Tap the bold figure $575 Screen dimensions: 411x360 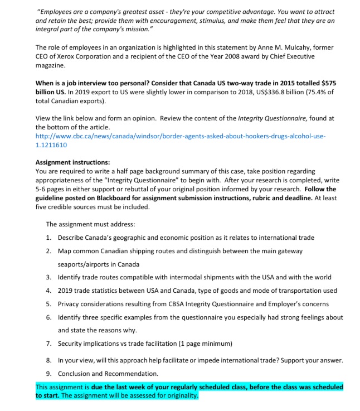pyautogui.click(x=327, y=83)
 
